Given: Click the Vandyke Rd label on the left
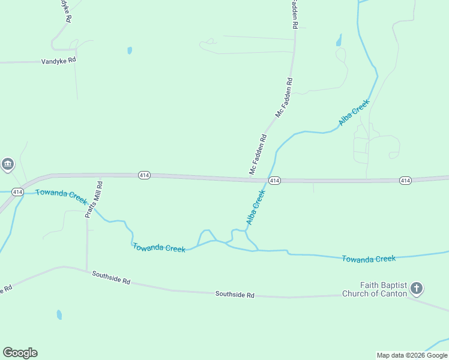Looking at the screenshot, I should click(x=58, y=61).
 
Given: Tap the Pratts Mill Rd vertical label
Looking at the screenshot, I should click(x=93, y=200).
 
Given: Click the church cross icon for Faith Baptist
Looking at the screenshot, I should click(x=416, y=289).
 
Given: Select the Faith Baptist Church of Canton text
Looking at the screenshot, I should click(x=375, y=289).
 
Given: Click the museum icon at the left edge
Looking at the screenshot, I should click(x=7, y=164).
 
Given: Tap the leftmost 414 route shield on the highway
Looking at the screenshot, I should click(x=143, y=175).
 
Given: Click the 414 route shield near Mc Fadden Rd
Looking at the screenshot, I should click(x=274, y=181).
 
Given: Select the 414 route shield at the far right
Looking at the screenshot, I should click(x=405, y=181).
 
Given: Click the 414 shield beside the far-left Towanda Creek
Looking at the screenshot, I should click(x=17, y=192).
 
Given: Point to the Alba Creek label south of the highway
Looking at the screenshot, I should click(x=255, y=208).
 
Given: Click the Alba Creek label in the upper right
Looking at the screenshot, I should click(x=354, y=113).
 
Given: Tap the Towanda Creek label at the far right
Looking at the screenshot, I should click(x=369, y=259).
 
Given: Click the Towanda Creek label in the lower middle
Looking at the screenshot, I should click(x=159, y=248).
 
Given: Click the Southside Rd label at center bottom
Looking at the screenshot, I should click(x=235, y=295).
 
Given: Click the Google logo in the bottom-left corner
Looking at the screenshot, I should click(x=20, y=353).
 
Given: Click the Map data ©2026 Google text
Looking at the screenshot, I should click(x=412, y=355).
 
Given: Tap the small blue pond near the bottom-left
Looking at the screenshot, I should click(x=59, y=314).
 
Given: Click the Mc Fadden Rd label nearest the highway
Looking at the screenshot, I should click(x=258, y=155).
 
